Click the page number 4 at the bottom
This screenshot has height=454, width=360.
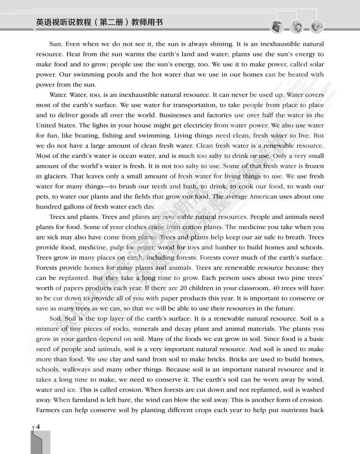point(38,426)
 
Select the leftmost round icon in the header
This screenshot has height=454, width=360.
point(277,27)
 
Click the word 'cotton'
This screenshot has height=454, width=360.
point(193,227)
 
